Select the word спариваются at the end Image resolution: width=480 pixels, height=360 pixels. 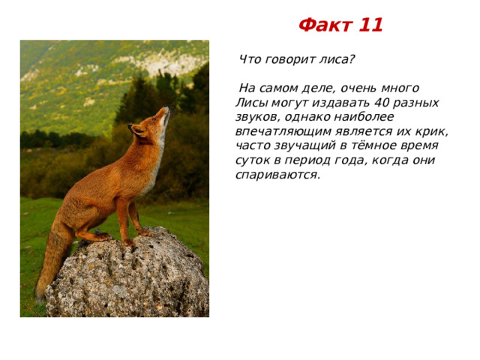point(276,175)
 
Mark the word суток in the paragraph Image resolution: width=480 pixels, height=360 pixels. point(252,160)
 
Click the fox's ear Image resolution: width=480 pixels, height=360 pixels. point(138,130)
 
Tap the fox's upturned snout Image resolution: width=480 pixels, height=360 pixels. point(165,112)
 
